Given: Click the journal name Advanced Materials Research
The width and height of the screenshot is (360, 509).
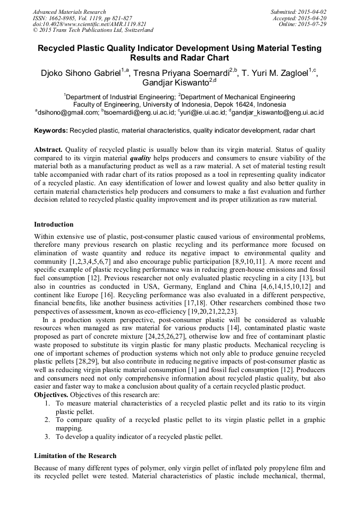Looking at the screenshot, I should pos(69,12).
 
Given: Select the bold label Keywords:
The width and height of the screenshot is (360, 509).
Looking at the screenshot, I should pos(50,131).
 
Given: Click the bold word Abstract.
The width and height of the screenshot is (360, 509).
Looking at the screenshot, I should pos(48,150).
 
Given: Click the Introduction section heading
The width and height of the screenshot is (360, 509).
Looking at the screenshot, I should pos(54,225).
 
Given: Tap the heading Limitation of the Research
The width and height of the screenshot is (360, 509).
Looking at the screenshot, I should pos(75,456).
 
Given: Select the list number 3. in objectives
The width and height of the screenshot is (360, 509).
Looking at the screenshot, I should pos(47,437).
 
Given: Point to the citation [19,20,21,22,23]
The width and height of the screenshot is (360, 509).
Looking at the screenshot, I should pos(207,311).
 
